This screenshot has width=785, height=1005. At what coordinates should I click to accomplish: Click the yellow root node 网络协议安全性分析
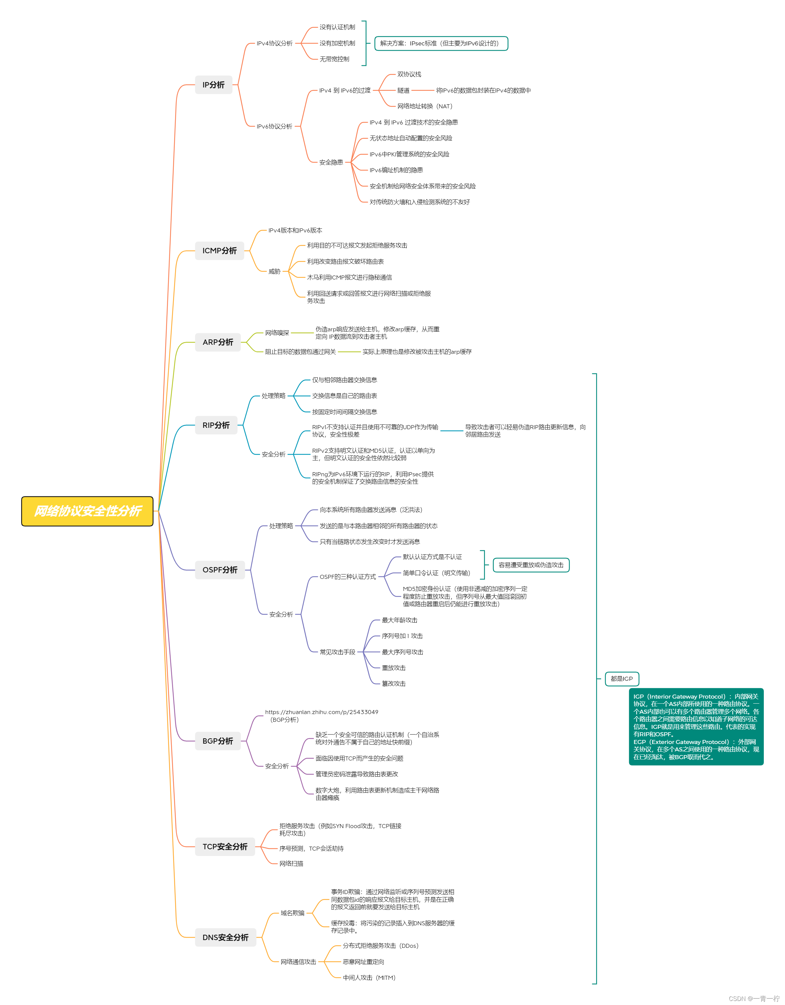87,511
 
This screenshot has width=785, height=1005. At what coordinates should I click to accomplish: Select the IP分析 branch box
213,85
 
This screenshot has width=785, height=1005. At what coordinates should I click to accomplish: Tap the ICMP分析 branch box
219,251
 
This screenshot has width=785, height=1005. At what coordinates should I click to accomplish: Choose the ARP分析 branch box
217,342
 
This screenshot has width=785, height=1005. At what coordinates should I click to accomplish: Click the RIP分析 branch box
216,425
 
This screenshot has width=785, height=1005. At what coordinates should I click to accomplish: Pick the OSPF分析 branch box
220,570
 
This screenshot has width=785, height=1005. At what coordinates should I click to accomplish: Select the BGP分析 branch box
217,741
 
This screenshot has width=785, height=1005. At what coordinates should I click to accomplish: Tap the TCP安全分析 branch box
225,847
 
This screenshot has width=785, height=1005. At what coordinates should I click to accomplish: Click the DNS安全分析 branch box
225,937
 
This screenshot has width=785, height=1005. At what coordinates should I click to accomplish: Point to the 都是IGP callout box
622,679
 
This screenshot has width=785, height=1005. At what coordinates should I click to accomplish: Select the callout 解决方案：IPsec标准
441,43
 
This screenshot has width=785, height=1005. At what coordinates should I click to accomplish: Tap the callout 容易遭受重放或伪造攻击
531,565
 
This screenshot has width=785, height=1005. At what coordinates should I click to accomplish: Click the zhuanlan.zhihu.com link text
322,712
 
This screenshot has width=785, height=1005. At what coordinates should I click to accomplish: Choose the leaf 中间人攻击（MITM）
369,977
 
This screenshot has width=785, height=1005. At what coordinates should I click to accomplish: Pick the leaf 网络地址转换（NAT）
425,106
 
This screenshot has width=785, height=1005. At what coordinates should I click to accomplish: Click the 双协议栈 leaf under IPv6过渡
409,74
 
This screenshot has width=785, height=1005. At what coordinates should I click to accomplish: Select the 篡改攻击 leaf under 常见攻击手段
394,683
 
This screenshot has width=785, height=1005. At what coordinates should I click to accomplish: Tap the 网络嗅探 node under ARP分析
277,333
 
